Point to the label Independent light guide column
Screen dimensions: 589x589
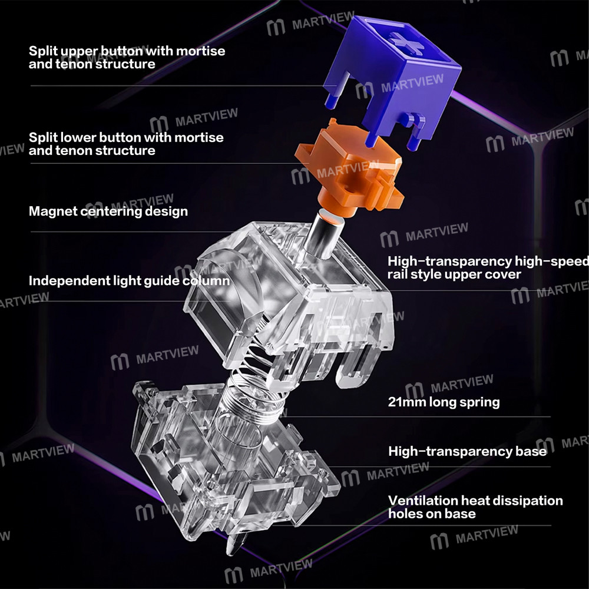129,281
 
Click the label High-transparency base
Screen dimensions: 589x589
467,451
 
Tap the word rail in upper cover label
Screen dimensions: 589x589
397,274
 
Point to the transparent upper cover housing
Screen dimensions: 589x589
289,300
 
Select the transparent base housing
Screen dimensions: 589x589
233,462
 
